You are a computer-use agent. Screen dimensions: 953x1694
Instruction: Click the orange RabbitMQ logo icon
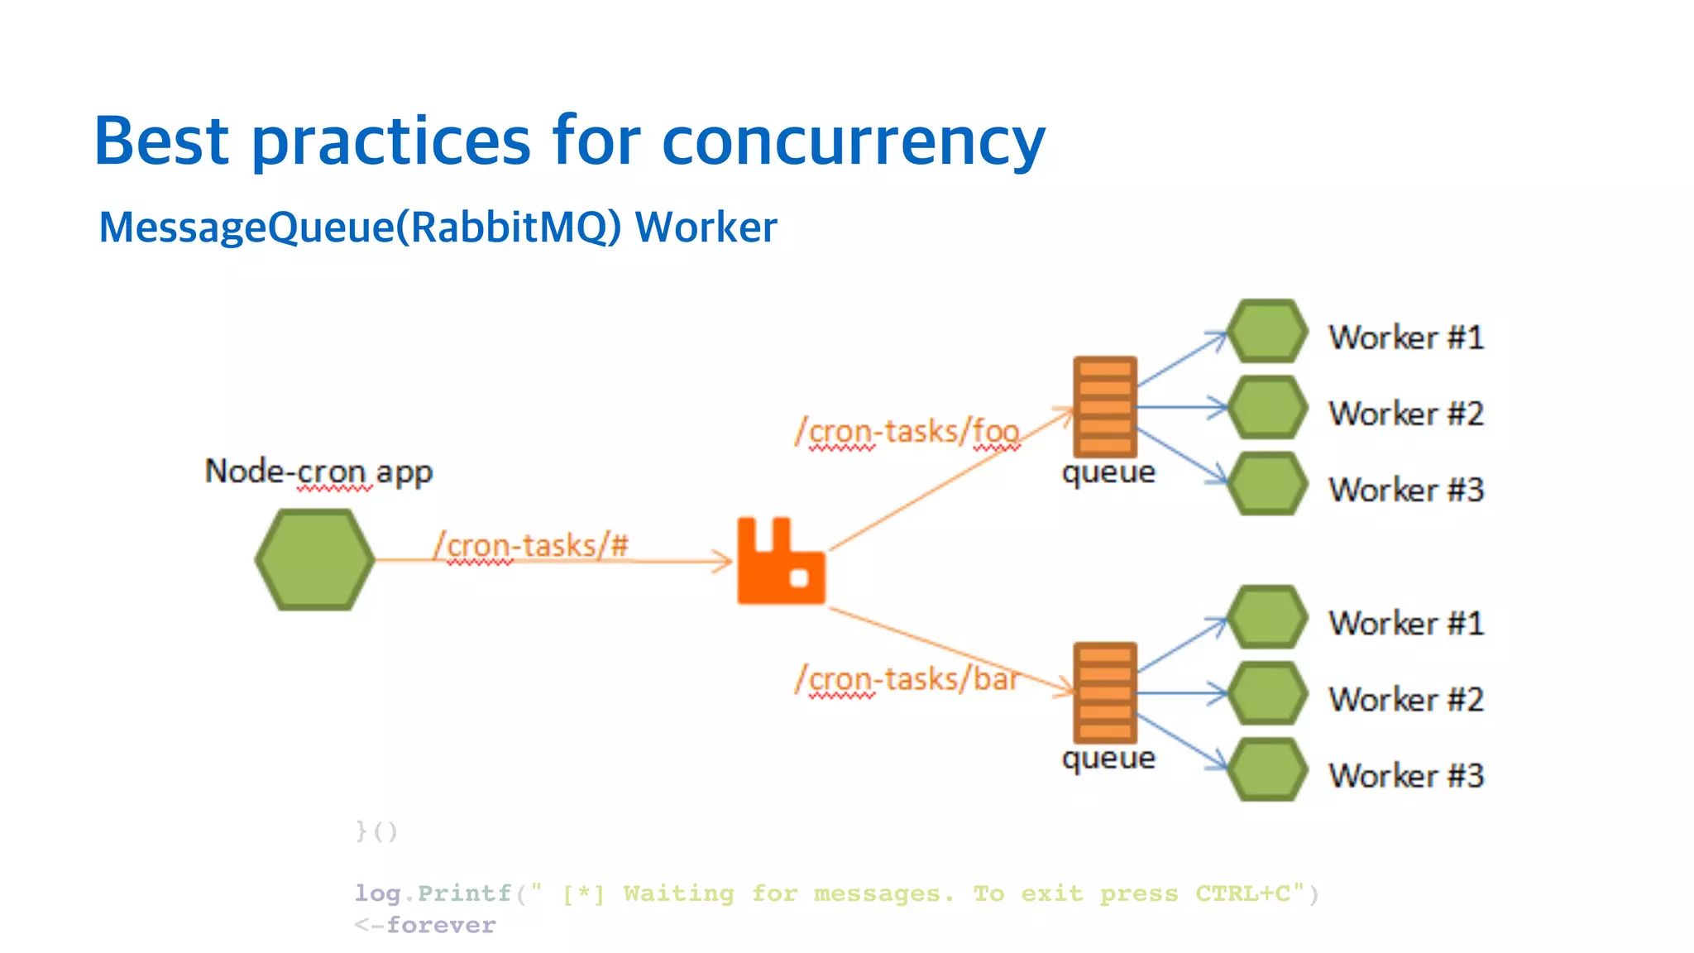(x=780, y=563)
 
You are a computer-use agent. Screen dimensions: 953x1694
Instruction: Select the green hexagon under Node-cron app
(x=314, y=560)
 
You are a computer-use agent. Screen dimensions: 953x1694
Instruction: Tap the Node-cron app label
(x=318, y=472)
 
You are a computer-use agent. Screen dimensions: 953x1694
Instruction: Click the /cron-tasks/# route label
(x=530, y=546)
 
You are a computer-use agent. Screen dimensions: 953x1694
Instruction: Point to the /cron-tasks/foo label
(x=907, y=432)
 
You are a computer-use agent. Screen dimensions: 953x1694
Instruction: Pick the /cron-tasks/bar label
(x=907, y=679)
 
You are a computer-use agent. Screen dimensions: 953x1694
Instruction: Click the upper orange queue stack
(x=1104, y=407)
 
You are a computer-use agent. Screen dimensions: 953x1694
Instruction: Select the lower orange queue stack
(x=1104, y=692)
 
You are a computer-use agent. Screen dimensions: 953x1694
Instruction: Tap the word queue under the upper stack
(x=1108, y=473)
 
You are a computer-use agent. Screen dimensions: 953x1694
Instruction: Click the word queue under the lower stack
(x=1108, y=759)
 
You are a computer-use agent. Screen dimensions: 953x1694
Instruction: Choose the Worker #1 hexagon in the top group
(x=1266, y=331)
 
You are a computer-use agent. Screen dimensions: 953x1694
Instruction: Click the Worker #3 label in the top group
(x=1406, y=490)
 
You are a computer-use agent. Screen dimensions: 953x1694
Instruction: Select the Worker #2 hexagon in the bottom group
(x=1266, y=693)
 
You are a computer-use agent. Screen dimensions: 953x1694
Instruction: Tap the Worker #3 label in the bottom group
(x=1406, y=776)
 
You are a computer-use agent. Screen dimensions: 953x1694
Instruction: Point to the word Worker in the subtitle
(x=706, y=227)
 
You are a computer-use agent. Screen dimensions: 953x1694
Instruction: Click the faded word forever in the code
(x=441, y=925)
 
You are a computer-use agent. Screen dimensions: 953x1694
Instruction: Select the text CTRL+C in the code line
(x=1242, y=893)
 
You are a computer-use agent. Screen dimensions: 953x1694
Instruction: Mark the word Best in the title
(x=161, y=141)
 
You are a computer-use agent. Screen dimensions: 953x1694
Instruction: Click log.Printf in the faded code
(x=433, y=893)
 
